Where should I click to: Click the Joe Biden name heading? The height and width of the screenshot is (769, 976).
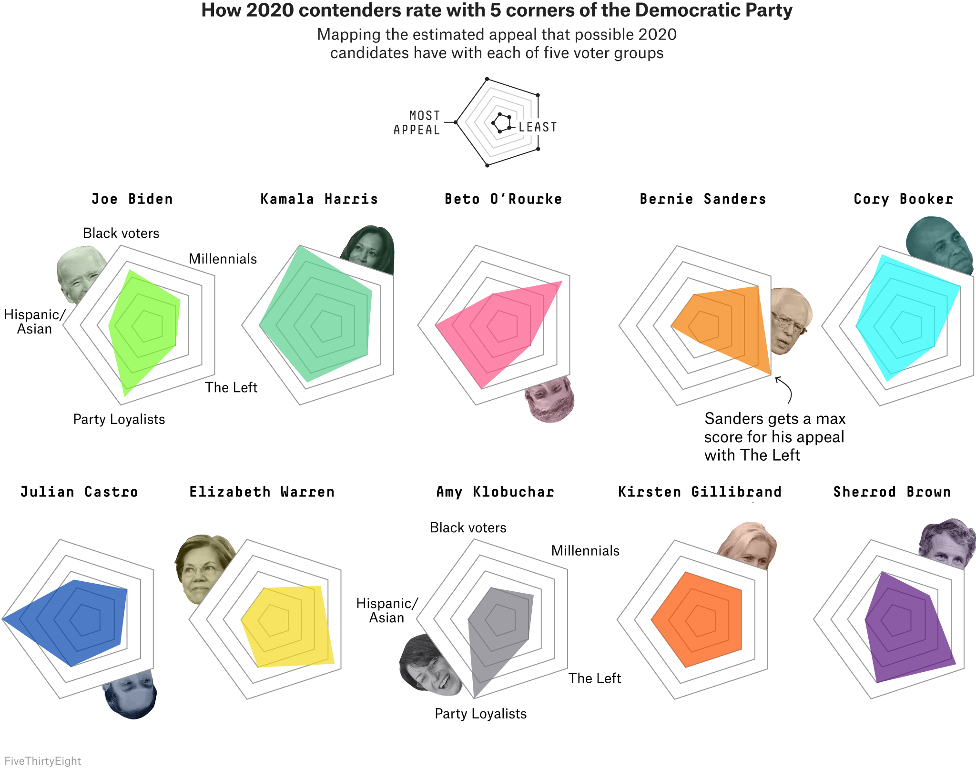[x=132, y=199]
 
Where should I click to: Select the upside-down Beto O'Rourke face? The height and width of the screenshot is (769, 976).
[x=549, y=399]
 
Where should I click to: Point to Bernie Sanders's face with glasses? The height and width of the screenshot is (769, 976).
[x=790, y=320]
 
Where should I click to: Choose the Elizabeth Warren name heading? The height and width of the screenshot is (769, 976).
[x=262, y=492]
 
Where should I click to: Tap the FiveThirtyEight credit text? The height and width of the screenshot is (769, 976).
[x=42, y=761]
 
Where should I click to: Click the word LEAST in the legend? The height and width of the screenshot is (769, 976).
[x=538, y=127]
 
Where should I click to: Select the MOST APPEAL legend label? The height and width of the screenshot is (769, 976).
[x=417, y=123]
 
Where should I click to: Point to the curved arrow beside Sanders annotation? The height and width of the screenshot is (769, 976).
[x=785, y=389]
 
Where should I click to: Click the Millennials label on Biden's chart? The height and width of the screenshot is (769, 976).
[x=223, y=259]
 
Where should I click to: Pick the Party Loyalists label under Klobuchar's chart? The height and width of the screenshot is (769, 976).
[x=480, y=713]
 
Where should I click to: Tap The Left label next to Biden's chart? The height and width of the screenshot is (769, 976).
[x=231, y=387]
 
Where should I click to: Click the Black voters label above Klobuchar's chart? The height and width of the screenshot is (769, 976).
[x=468, y=527]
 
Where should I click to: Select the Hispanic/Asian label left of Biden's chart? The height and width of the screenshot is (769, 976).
[x=34, y=322]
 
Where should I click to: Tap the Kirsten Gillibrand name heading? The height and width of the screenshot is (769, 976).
[x=700, y=492]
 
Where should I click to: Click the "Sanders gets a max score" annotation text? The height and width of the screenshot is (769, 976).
[x=774, y=436]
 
